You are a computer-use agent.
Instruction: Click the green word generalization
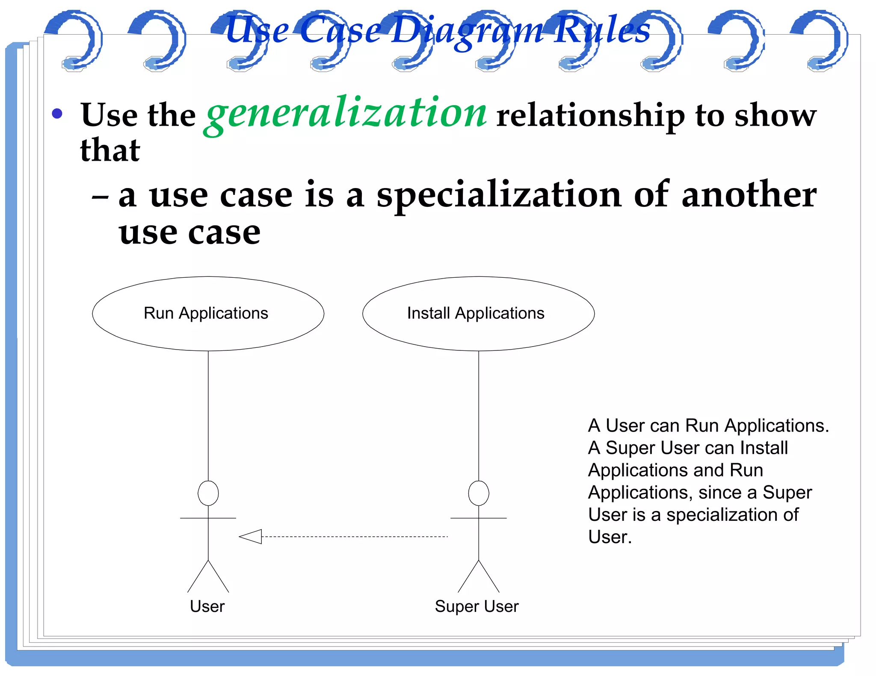coord(346,114)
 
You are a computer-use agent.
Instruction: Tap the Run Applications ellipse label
coord(206,313)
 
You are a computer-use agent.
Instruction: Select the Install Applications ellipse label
coord(476,313)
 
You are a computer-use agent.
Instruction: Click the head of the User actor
coord(208,493)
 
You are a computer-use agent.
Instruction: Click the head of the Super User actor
coord(479,493)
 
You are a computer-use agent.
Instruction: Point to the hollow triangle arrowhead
coord(251,536)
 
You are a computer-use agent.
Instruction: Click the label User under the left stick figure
coord(207,606)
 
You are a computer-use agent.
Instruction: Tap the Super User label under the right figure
coord(476,606)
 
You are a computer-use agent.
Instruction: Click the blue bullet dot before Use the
coord(57,114)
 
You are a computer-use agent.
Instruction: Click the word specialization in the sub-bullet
coord(499,195)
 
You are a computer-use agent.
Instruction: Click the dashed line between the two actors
coord(355,536)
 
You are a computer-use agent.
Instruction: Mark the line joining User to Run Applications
coord(208,414)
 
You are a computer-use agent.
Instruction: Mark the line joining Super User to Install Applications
coord(479,414)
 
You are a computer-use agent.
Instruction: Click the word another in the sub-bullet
coord(749,195)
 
